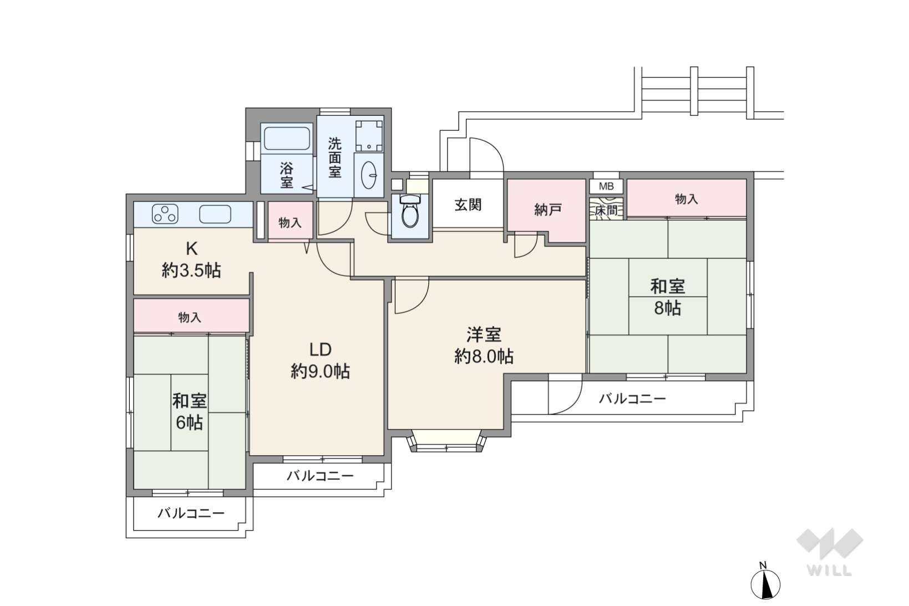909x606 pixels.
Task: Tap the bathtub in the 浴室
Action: click(x=287, y=139)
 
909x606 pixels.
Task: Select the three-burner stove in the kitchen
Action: click(x=165, y=214)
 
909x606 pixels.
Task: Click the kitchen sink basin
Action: click(x=215, y=214)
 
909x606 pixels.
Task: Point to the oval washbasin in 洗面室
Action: click(x=368, y=175)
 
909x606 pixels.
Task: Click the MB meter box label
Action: click(x=606, y=187)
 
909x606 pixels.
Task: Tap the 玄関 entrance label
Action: click(x=468, y=205)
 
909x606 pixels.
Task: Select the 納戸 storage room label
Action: click(x=547, y=210)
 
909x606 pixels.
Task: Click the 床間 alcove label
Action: click(x=606, y=211)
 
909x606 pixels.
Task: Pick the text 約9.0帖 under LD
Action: click(x=320, y=371)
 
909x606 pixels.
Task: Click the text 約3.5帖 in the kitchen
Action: click(x=191, y=270)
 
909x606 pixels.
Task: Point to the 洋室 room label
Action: click(x=484, y=335)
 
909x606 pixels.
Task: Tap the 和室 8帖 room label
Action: click(x=668, y=297)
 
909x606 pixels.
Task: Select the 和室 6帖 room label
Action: click(x=190, y=411)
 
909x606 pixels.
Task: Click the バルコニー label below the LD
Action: click(x=320, y=476)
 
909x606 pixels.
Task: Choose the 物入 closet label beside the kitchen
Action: click(x=290, y=222)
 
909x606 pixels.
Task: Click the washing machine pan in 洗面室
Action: click(x=369, y=136)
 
